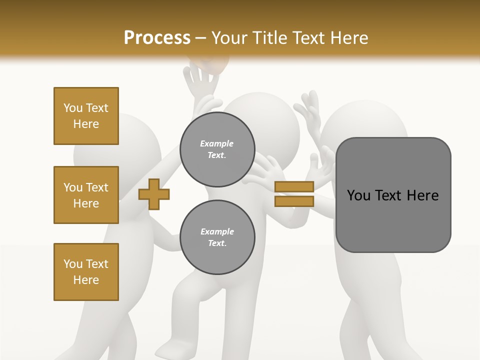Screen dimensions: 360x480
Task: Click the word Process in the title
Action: click(x=157, y=37)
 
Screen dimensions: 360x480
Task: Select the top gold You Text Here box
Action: click(x=86, y=116)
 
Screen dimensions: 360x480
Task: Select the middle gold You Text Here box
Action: click(x=86, y=195)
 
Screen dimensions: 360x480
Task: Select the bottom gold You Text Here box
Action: click(x=86, y=271)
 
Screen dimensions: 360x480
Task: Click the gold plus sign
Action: click(x=154, y=194)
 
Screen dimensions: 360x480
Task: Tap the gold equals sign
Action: click(x=294, y=194)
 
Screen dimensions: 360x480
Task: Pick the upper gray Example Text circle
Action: click(x=217, y=149)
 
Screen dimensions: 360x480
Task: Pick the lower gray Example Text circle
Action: click(x=217, y=237)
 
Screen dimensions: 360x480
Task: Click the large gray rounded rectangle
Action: click(x=393, y=195)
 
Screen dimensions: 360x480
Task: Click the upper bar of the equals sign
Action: click(x=294, y=187)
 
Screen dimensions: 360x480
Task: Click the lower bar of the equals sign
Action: click(x=294, y=201)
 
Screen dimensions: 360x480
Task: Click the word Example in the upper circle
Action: click(x=216, y=143)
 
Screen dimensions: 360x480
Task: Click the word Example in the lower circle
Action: click(x=217, y=231)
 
